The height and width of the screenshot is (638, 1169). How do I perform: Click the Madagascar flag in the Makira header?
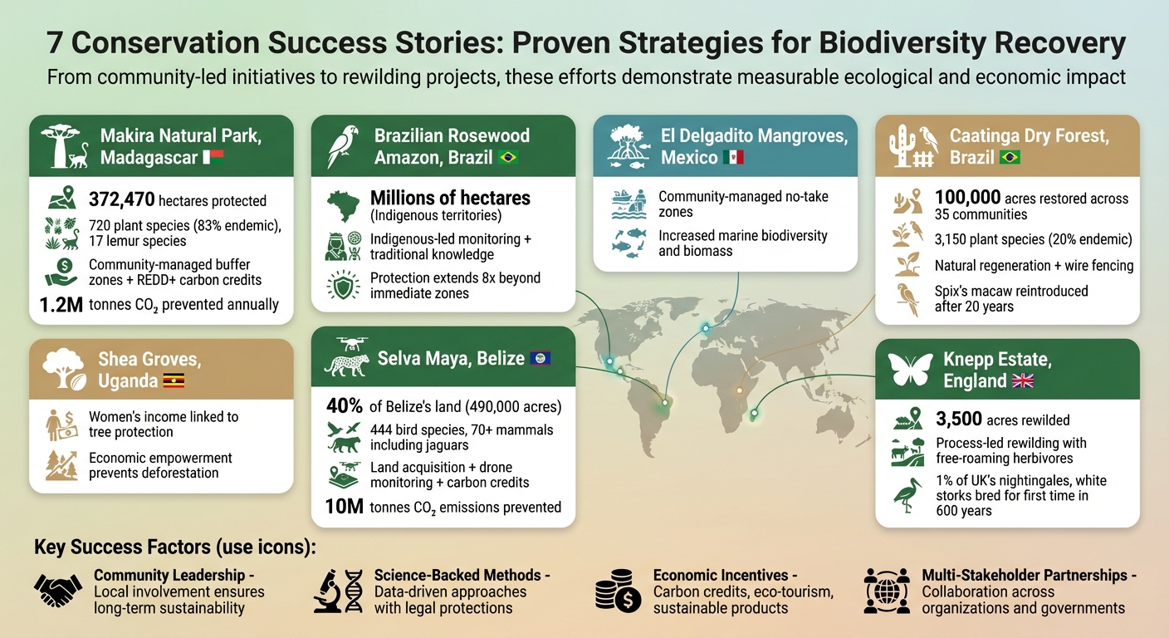click(x=213, y=158)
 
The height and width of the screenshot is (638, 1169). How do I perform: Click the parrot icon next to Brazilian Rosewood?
click(x=343, y=147)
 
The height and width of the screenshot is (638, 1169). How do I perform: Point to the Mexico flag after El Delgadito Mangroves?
click(x=732, y=158)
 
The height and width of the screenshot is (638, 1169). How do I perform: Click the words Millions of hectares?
click(x=450, y=199)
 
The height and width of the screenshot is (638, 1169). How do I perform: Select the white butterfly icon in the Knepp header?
click(x=911, y=370)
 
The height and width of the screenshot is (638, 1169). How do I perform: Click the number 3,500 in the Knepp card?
click(x=958, y=420)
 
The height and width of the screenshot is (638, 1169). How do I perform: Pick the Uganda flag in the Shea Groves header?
click(x=174, y=381)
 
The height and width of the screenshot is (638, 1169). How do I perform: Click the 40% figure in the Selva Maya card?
click(x=345, y=407)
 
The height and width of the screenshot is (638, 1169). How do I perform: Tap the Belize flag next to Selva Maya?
click(x=540, y=359)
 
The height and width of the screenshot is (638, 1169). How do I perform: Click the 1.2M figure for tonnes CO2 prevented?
click(x=61, y=305)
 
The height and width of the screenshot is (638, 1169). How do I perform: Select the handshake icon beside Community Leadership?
click(x=57, y=591)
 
